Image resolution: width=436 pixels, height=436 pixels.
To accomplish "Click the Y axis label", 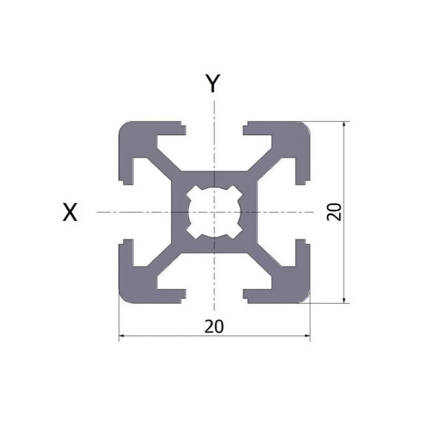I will (x=214, y=84).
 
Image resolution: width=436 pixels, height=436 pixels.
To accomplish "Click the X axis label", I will (x=69, y=213).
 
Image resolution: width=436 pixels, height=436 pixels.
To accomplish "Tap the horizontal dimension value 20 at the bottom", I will (x=214, y=326).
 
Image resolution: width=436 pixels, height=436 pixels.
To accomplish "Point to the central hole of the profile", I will (x=214, y=212).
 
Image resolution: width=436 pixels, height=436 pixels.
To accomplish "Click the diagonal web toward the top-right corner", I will (x=266, y=161).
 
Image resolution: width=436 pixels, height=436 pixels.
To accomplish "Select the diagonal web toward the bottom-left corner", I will (x=163, y=263).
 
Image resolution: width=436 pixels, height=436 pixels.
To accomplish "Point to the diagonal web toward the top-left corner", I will (x=163, y=161).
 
